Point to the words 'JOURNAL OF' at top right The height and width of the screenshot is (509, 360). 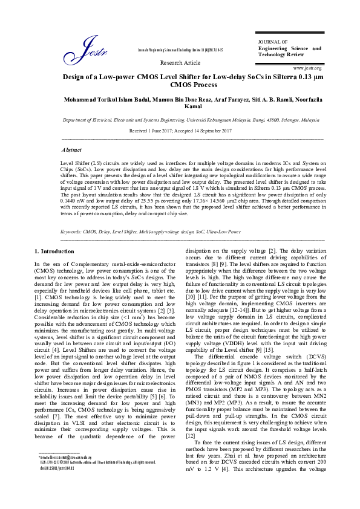tap(270, 40)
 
